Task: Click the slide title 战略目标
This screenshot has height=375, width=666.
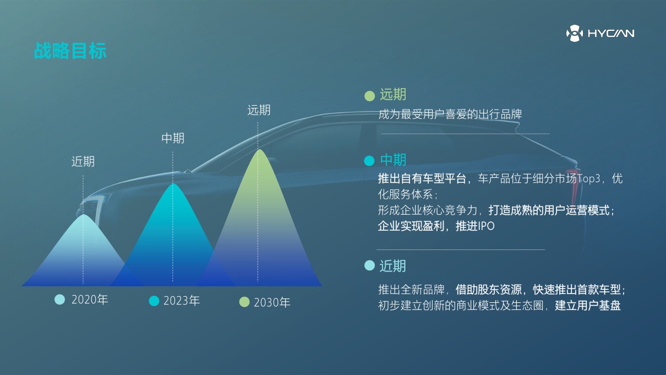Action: tap(70, 51)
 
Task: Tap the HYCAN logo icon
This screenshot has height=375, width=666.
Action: tap(574, 34)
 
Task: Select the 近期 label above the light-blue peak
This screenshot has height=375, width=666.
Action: tap(83, 161)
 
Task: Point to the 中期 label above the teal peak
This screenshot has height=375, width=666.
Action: tap(173, 138)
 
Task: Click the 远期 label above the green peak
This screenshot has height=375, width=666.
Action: tap(259, 110)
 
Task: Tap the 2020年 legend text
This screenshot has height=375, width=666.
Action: tap(90, 300)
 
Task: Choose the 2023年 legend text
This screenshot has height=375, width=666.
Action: tap(182, 301)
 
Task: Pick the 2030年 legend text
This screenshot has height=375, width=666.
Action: tap(272, 302)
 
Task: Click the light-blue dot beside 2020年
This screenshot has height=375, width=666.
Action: tap(59, 300)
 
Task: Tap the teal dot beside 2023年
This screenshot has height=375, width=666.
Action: tap(154, 301)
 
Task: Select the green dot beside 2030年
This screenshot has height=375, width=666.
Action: tap(244, 302)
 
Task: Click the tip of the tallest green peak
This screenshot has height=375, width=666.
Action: tap(259, 150)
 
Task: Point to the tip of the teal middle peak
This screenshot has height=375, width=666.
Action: tap(173, 183)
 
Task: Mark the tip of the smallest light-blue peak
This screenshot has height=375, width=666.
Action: tap(83, 215)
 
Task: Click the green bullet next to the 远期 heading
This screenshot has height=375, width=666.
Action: tap(369, 96)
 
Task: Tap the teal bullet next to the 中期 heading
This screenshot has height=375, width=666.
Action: tap(369, 161)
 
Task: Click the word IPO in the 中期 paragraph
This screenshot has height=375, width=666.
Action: tap(486, 226)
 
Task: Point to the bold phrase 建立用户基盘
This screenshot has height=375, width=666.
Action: tap(588, 306)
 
